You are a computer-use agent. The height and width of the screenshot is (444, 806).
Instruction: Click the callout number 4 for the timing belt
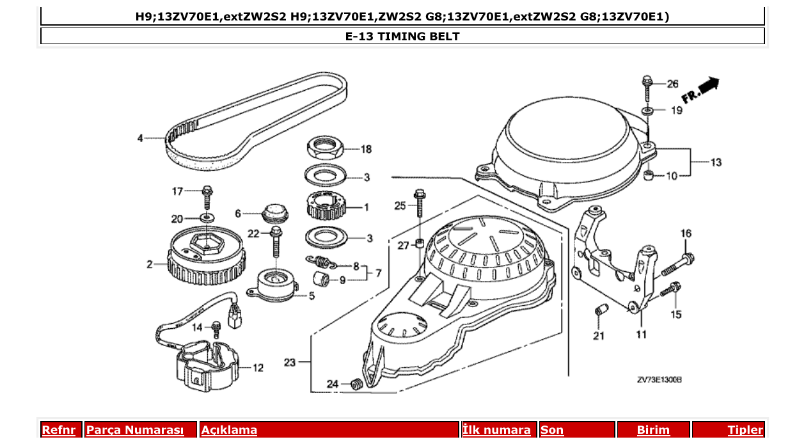coord(140,138)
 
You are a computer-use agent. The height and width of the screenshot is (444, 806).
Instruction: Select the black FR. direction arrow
coord(708,84)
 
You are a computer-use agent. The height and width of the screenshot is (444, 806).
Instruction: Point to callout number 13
coord(716,163)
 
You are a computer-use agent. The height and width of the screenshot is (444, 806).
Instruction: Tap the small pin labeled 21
coord(600,311)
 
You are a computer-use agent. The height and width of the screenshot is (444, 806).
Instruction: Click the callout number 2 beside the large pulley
coord(149,263)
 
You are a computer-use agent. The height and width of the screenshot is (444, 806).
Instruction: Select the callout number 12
coord(258,368)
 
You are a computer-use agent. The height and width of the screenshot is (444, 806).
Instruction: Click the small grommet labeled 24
coord(357,385)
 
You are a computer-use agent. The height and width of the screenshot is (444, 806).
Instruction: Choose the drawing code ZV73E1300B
coord(659,380)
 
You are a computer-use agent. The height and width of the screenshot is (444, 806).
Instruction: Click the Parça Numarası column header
coord(135,430)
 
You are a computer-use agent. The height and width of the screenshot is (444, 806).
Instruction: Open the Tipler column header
coord(745,430)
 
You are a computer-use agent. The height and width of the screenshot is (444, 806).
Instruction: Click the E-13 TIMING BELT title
coord(402,36)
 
